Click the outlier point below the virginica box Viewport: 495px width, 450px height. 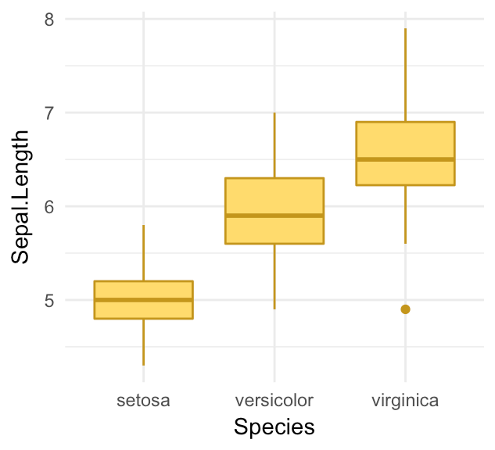pos(405,309)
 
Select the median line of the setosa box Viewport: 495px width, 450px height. pos(143,300)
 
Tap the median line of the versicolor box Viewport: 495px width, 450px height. pos(274,216)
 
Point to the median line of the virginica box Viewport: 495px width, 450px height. pos(405,159)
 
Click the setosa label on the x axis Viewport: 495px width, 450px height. pos(143,401)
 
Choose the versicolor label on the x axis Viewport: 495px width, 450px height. pos(274,401)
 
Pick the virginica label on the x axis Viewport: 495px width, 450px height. pos(405,401)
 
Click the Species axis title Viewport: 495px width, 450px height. pos(274,427)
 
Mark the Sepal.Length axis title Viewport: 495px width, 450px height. pos(21,197)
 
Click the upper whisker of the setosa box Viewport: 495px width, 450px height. pos(143,252)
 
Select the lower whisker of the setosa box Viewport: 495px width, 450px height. pos(143,342)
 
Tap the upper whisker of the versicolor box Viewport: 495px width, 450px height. pos(274,145)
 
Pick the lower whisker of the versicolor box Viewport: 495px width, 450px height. pos(274,277)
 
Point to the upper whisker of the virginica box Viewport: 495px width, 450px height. pos(405,75)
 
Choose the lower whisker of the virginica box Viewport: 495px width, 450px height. pos(405,215)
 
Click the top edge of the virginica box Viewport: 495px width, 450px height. pos(405,122)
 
